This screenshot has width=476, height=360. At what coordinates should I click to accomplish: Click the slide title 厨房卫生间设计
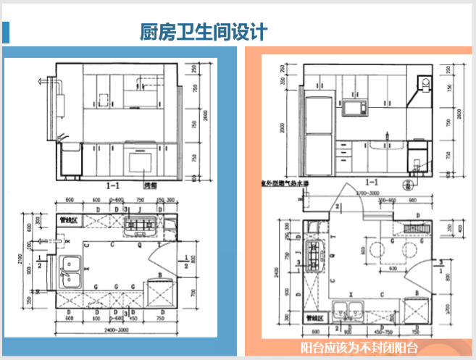click(x=204, y=33)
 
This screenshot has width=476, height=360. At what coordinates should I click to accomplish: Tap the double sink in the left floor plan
click(x=72, y=269)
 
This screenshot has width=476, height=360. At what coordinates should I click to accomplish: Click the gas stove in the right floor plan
click(x=314, y=254)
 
